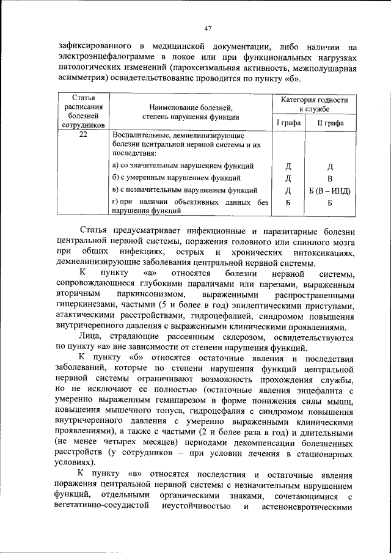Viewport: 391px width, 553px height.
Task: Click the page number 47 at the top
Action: pyautogui.click(x=207, y=29)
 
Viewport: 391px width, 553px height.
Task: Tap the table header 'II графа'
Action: pyautogui.click(x=330, y=123)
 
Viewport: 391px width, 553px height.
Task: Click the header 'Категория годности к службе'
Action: pyautogui.click(x=314, y=104)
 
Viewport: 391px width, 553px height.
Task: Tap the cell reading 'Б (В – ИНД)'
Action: pyautogui.click(x=330, y=191)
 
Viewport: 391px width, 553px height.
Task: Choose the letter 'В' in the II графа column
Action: pyautogui.click(x=330, y=178)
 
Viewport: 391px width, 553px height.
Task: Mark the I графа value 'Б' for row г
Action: pyautogui.click(x=288, y=203)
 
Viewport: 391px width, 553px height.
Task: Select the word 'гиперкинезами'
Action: pyautogui.click(x=86, y=306)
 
